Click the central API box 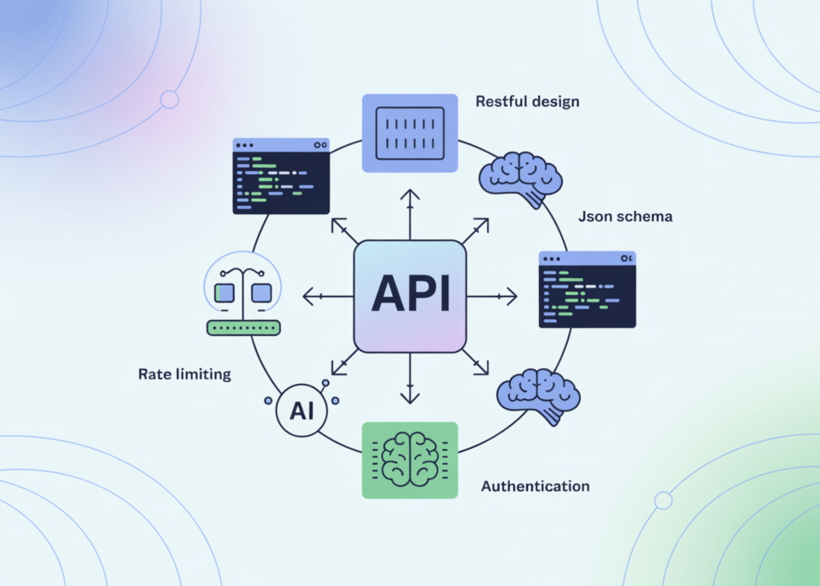tap(409, 296)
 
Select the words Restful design tap(527, 102)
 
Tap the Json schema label tap(625, 216)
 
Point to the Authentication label tap(535, 486)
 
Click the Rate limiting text tap(184, 374)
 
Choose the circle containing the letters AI tap(302, 411)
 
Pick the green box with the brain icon tap(409, 460)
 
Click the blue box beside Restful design tap(409, 133)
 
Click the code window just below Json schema tap(587, 289)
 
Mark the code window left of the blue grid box tap(280, 176)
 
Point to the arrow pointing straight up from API tap(410, 214)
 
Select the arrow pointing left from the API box tap(327, 297)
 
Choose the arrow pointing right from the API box tap(493, 297)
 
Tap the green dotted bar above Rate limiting tap(243, 327)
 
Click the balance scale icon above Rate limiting tap(243, 288)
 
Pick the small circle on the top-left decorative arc tap(169, 99)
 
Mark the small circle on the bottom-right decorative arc tap(663, 500)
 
